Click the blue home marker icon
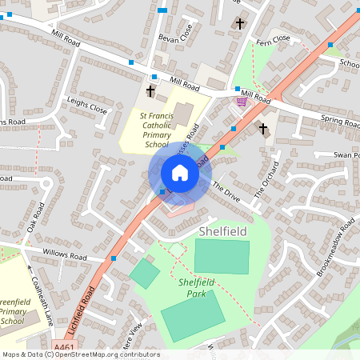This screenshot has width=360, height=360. [x=180, y=173]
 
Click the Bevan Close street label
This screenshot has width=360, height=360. [x=175, y=38]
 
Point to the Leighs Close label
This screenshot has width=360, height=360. [x=87, y=103]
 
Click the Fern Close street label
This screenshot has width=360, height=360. [x=273, y=41]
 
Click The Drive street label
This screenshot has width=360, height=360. [x=226, y=191]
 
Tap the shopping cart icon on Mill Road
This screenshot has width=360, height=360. [x=241, y=102]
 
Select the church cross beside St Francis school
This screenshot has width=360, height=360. [x=150, y=90]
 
